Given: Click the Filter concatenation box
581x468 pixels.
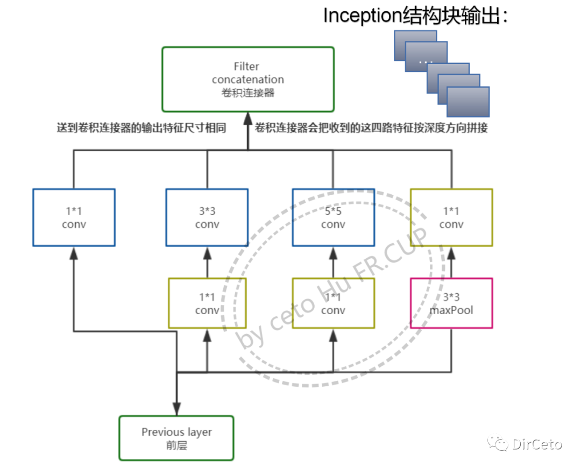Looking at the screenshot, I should pyautogui.click(x=247, y=79).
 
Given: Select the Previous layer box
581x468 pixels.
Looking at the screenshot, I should pyautogui.click(x=176, y=438).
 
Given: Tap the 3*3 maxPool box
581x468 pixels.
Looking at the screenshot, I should pyautogui.click(x=451, y=303).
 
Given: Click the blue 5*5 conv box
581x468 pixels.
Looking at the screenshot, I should pyautogui.click(x=333, y=217).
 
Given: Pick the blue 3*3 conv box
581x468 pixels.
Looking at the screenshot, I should pyautogui.click(x=207, y=217).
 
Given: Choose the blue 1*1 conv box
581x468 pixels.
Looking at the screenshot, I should pyautogui.click(x=74, y=217).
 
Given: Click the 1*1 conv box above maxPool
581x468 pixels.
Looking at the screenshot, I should pyautogui.click(x=451, y=217).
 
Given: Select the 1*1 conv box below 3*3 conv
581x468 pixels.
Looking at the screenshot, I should pyautogui.click(x=207, y=303).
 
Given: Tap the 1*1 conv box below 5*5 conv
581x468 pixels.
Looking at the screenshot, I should pyautogui.click(x=333, y=303).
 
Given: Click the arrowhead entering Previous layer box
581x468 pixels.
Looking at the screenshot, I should pyautogui.click(x=176, y=409).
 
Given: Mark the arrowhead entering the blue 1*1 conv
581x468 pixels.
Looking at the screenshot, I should pyautogui.click(x=74, y=253).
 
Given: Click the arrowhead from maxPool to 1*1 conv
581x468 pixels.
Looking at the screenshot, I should pyautogui.click(x=451, y=253).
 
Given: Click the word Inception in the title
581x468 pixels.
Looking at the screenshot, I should pyautogui.click(x=359, y=16).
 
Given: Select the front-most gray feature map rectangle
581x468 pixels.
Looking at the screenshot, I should pyautogui.click(x=468, y=102).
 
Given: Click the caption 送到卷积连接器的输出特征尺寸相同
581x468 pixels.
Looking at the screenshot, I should pyautogui.click(x=141, y=129).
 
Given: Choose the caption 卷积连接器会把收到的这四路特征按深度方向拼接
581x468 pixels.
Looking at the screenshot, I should pyautogui.click(x=371, y=129).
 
